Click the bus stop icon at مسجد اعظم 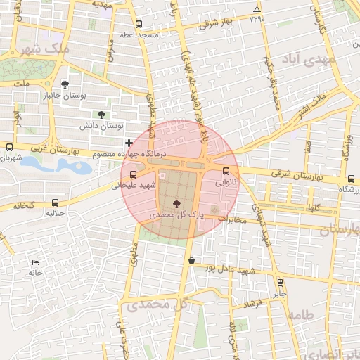point(139,23)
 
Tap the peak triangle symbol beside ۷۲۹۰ point(257,9)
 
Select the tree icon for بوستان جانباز point(65,84)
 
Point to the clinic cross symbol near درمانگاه point(129,143)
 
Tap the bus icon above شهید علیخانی point(133,174)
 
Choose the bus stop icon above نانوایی point(226,171)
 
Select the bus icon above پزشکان point(350,179)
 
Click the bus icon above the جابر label point(280,283)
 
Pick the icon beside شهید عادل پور point(191,261)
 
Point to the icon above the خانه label point(33,262)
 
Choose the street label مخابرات point(231,219)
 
